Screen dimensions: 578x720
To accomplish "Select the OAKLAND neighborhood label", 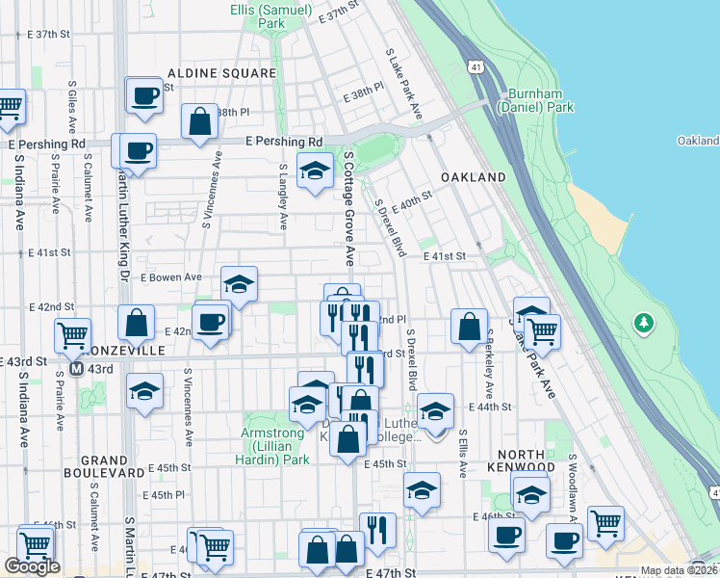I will pos(473,178).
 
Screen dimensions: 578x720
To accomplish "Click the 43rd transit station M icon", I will pos(76,369).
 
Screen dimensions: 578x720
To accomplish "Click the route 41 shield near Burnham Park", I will pos(477,66).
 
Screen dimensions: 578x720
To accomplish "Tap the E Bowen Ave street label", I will pos(170,277).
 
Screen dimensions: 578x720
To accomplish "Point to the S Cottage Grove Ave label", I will pos(347,208).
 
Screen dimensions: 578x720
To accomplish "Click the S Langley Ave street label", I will pos(283,197).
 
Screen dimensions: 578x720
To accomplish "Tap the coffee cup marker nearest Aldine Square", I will pos(144,95).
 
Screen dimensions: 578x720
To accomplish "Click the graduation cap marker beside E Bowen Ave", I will pos(239,284).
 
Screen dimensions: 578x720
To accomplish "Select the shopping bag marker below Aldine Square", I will pos(199,122).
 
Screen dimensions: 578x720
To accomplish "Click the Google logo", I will pos(32,566).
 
